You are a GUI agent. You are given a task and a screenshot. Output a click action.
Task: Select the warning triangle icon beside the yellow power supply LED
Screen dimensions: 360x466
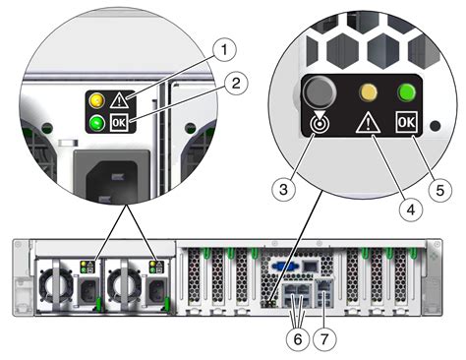click(x=118, y=98)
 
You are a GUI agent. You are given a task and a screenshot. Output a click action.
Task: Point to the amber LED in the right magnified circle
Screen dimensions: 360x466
click(x=369, y=92)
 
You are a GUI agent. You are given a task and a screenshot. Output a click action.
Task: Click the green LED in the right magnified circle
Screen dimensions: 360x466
click(x=405, y=92)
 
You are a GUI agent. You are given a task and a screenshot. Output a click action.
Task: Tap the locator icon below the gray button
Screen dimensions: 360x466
click(x=316, y=125)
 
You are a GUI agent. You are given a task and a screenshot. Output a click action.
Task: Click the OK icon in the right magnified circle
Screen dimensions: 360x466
click(x=405, y=124)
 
